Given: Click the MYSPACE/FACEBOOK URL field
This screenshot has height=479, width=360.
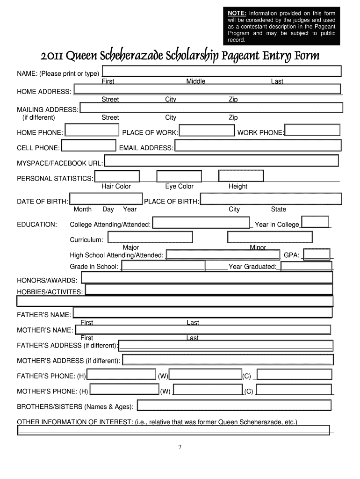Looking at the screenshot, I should click(x=221, y=161).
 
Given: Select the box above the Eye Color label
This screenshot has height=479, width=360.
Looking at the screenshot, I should click(x=179, y=176).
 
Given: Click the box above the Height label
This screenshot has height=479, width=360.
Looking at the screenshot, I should click(x=241, y=176).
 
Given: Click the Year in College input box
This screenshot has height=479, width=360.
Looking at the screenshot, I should click(x=315, y=222).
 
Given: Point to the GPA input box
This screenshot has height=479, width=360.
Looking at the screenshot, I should click(x=317, y=254).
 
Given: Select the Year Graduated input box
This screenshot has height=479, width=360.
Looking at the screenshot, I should click(x=306, y=267).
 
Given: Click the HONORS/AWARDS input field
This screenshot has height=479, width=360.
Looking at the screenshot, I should click(x=207, y=278).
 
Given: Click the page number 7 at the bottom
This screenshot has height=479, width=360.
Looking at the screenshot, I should click(x=180, y=447).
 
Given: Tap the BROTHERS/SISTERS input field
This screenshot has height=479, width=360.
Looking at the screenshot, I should click(x=234, y=406).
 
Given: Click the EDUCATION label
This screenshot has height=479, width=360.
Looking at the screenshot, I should click(x=37, y=225).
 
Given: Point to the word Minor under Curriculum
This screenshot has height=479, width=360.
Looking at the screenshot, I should click(x=258, y=247).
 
